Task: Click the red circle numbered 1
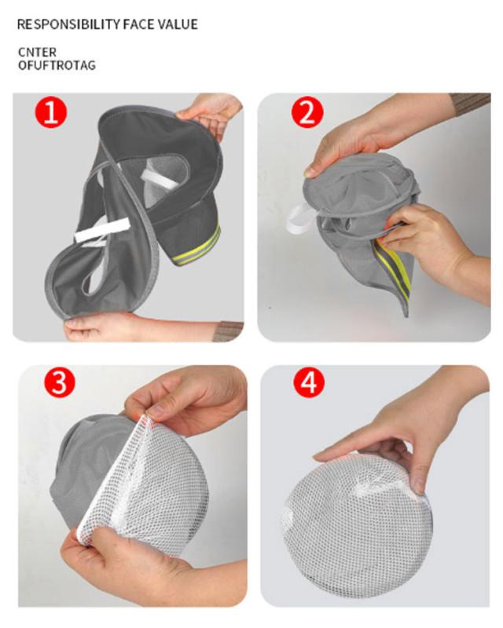coord(51,112)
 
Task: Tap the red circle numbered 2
coord(307,112)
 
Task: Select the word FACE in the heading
coord(138,24)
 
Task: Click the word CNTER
coord(37,52)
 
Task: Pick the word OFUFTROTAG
coord(57,65)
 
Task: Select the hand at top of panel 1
coord(211,113)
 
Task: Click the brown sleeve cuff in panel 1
coord(228,331)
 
